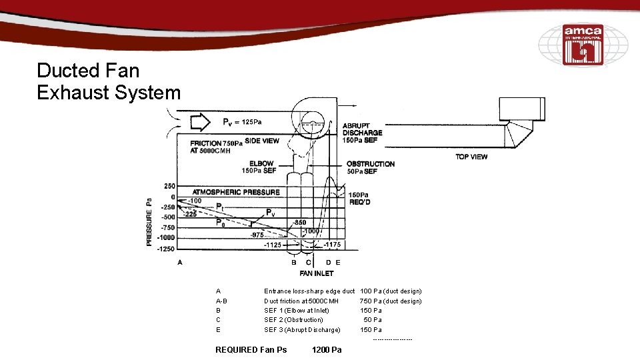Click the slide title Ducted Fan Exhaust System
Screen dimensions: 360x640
coord(109,81)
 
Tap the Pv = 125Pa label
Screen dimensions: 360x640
coord(242,122)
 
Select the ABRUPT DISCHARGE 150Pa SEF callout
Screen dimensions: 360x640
coord(362,133)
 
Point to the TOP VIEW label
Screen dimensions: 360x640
coord(471,157)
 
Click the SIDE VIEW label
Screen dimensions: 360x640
coord(262,141)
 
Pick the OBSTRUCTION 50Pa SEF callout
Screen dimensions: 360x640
coord(370,167)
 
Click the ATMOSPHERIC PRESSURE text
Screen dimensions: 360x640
coord(236,192)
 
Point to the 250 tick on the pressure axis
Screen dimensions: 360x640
coord(169,186)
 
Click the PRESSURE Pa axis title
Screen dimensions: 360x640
coord(149,221)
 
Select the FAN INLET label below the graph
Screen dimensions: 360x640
coord(316,273)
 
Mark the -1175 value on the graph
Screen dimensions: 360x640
coord(332,245)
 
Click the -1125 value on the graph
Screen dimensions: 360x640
coord(273,245)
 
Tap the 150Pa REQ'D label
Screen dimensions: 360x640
coord(359,198)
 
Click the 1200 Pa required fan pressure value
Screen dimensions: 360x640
coord(326,350)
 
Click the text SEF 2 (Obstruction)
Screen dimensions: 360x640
coord(293,320)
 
